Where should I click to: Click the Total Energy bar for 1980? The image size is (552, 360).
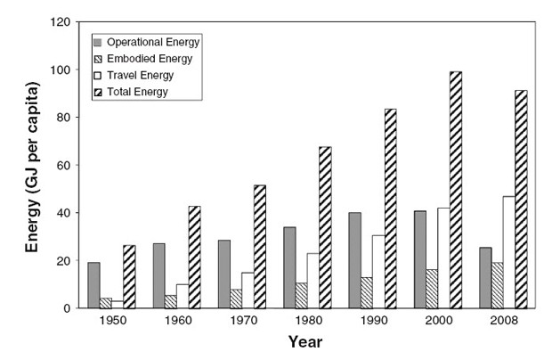point(325,227)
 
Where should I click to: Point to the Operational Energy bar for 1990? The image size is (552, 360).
point(355,260)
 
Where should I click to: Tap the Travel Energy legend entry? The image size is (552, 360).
point(142,76)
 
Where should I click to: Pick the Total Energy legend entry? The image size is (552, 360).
point(137,92)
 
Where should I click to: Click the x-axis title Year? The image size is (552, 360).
point(305,341)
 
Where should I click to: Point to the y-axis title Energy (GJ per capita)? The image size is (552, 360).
point(33,165)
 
